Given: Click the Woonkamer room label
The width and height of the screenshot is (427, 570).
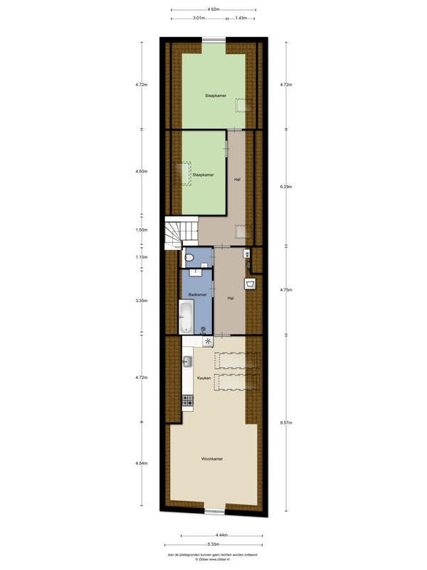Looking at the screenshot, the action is click(x=212, y=459).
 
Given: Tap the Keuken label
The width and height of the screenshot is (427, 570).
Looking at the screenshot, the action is click(x=204, y=378).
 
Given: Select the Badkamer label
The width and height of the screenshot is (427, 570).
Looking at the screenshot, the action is click(x=198, y=294).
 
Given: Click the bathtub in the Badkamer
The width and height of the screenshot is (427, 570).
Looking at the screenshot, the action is click(x=186, y=317).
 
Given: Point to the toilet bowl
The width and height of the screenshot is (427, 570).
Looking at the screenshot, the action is click(x=189, y=258).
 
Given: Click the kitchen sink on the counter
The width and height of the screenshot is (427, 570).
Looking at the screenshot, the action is click(x=187, y=361).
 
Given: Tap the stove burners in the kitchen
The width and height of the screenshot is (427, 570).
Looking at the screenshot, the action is click(x=188, y=400).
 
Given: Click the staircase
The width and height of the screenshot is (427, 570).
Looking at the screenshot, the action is click(x=181, y=233).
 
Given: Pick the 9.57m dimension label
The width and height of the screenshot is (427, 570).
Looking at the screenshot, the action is click(x=286, y=423).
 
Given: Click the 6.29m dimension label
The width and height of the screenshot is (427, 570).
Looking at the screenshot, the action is click(x=286, y=187).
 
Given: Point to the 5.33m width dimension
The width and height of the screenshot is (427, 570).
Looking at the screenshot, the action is click(x=213, y=544).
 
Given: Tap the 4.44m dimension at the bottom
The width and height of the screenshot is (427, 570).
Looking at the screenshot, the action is click(x=221, y=535).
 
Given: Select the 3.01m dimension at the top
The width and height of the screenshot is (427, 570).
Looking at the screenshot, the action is click(x=199, y=17).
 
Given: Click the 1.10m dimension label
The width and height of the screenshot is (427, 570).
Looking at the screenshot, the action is click(x=142, y=257).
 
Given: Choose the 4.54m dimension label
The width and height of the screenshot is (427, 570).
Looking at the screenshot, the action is click(x=142, y=463).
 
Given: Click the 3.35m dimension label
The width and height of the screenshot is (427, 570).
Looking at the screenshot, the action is click(x=142, y=301).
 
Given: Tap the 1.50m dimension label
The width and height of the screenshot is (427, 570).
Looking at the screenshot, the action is click(x=142, y=229).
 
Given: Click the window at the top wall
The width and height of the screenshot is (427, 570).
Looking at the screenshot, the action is click(x=214, y=39).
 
